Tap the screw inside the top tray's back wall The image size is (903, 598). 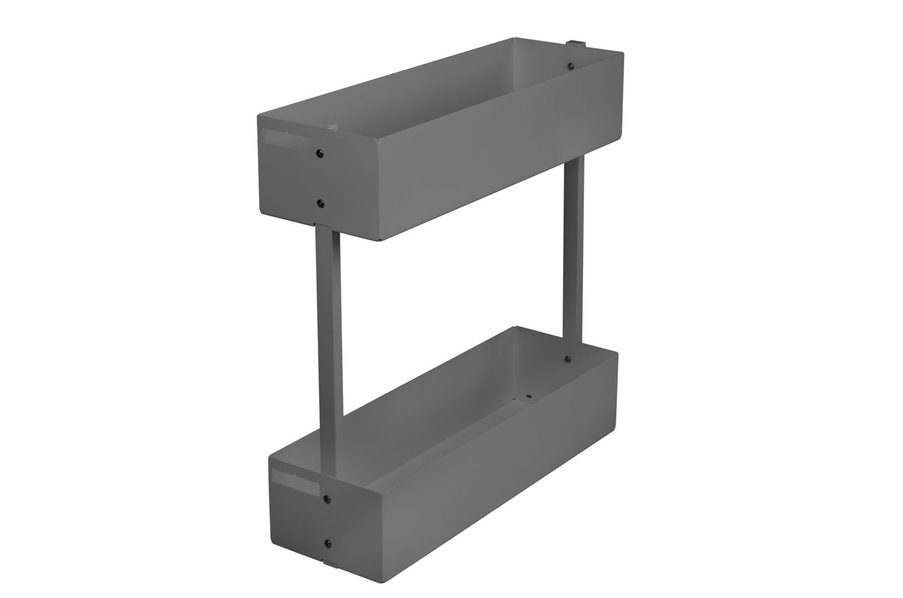pyautogui.click(x=570, y=67)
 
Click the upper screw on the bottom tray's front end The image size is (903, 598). pyautogui.click(x=327, y=499)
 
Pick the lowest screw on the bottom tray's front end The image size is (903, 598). pyautogui.click(x=327, y=543)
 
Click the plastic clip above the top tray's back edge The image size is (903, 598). pyautogui.click(x=575, y=43)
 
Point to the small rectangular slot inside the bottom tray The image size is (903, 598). pyautogui.click(x=529, y=397)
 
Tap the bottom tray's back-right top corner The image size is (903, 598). pyautogui.click(x=619, y=352)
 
